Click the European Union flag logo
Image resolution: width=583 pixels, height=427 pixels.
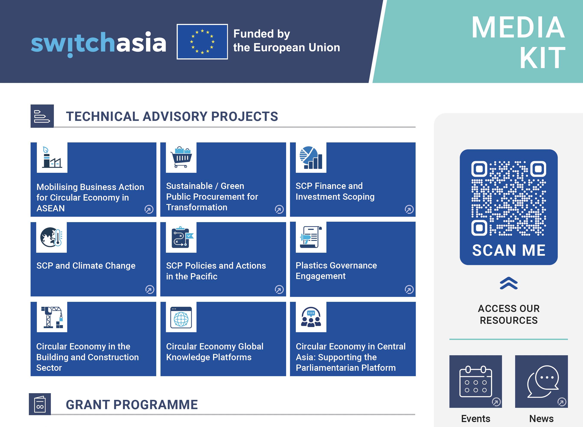pyautogui.click(x=202, y=42)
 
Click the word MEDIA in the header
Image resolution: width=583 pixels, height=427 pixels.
pyautogui.click(x=518, y=27)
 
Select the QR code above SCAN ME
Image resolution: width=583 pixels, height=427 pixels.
pyautogui.click(x=509, y=198)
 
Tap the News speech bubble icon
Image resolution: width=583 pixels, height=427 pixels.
pyautogui.click(x=541, y=381)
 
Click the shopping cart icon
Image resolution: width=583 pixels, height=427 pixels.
pyautogui.click(x=181, y=157)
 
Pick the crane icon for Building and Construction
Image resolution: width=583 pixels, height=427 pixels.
pyautogui.click(x=52, y=317)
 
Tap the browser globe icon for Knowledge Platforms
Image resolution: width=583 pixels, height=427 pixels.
pyautogui.click(x=181, y=317)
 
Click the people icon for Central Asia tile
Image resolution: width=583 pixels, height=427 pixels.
pyautogui.click(x=311, y=317)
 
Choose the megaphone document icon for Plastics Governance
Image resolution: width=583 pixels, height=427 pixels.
pyautogui.click(x=311, y=237)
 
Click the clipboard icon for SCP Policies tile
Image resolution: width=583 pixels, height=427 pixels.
pyautogui.click(x=181, y=237)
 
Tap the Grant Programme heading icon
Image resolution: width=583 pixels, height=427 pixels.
pyautogui.click(x=40, y=404)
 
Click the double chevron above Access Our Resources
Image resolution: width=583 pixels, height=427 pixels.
pyautogui.click(x=509, y=283)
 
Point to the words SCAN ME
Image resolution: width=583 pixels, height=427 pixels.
pyautogui.click(x=509, y=250)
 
